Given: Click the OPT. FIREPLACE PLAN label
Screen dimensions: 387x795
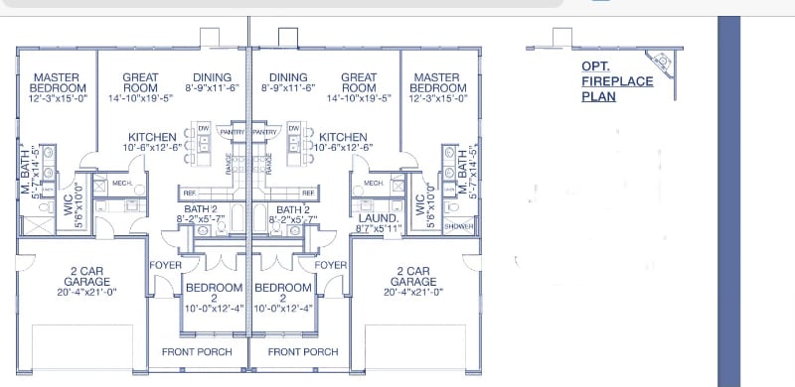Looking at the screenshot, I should click(x=617, y=81).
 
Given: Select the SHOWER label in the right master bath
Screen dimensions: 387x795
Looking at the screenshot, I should click(x=458, y=226).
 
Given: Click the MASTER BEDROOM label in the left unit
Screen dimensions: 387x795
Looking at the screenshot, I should click(x=57, y=82).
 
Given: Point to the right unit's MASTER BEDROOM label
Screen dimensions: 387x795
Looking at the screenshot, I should click(x=438, y=82).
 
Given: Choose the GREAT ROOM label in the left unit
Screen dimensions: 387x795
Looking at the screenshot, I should click(x=140, y=82).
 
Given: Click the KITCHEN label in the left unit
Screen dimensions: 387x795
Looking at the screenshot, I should click(x=152, y=137).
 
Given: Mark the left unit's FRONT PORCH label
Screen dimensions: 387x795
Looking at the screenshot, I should click(x=197, y=351).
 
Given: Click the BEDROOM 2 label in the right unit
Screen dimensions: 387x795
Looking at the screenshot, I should click(x=283, y=293).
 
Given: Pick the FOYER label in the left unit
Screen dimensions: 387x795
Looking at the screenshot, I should click(x=164, y=265).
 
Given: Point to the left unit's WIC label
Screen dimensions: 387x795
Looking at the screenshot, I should click(x=67, y=199).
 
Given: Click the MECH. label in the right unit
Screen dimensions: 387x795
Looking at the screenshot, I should click(x=374, y=184).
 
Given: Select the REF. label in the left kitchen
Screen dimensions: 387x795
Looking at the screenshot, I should click(x=189, y=193).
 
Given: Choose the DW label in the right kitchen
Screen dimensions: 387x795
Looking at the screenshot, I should click(x=294, y=128).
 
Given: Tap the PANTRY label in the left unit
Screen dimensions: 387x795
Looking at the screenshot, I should click(x=232, y=131).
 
